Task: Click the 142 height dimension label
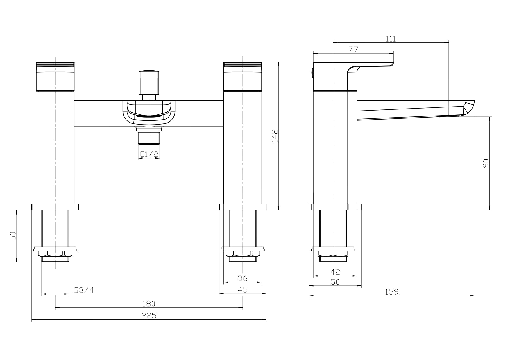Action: tap(275, 136)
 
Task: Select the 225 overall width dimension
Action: tap(149, 316)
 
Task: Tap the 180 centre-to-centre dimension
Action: tap(149, 304)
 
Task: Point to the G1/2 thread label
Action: tap(149, 154)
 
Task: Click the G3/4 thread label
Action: tap(84, 290)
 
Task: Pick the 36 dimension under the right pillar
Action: tap(242, 278)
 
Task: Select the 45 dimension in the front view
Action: tap(242, 290)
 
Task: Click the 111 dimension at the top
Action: tap(391, 39)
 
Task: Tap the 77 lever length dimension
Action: tap(353, 50)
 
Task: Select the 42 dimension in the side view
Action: tap(335, 272)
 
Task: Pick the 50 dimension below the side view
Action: tap(335, 282)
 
